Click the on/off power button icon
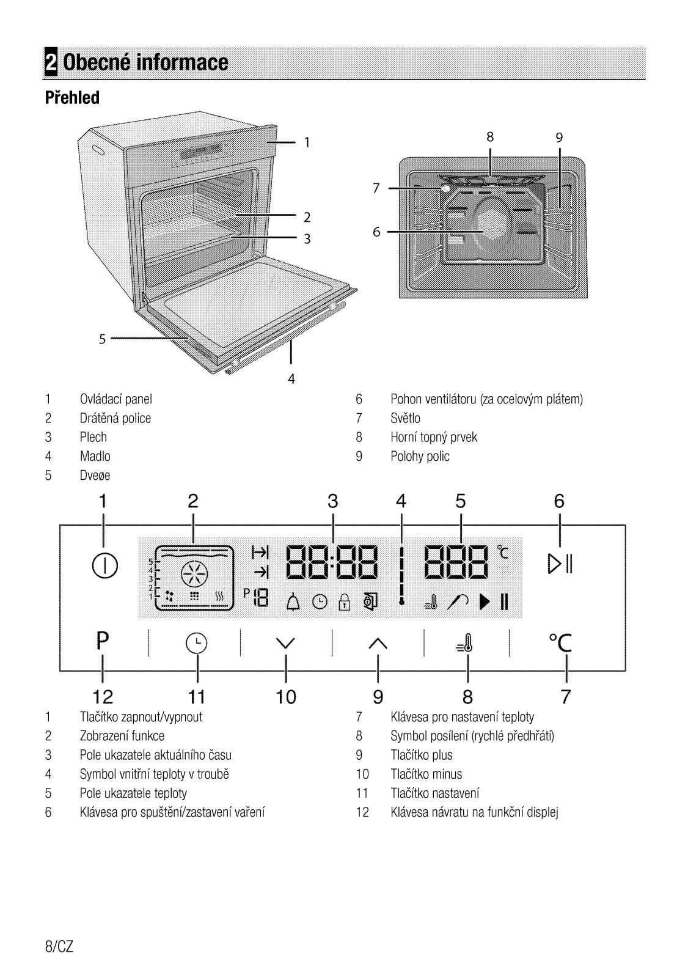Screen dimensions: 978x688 click(104, 565)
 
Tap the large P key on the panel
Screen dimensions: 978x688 click(103, 641)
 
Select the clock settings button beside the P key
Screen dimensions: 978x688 click(197, 644)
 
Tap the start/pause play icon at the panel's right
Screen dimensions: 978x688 click(559, 563)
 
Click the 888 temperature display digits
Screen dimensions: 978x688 click(457, 562)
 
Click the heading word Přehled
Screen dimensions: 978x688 click(72, 98)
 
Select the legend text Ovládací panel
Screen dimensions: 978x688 click(116, 400)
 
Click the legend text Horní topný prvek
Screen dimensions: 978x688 click(434, 438)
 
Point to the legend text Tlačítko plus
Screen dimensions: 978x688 click(422, 756)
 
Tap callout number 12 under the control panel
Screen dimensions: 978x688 click(103, 697)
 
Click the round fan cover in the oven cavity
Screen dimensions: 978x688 click(491, 224)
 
